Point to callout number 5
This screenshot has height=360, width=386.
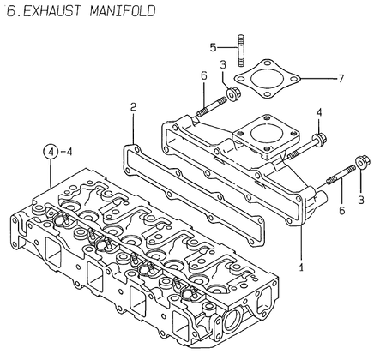[x=214, y=47]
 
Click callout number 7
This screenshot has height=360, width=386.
[x=341, y=79]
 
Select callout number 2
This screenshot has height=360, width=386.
[x=133, y=107]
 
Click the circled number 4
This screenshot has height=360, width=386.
[x=54, y=153]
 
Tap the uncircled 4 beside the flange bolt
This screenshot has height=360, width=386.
[x=318, y=112]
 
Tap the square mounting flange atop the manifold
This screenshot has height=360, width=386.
[x=266, y=133]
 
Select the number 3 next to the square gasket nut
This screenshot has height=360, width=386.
[x=222, y=65]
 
